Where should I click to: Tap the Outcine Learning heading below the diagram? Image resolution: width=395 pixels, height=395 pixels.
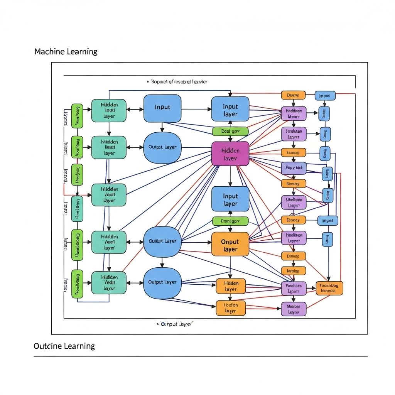pos(64,346)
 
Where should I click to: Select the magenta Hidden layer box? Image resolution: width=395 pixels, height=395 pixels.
pos(230,154)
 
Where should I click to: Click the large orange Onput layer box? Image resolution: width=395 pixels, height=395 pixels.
pos(230,245)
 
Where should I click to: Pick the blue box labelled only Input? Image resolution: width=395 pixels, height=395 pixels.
pos(162,108)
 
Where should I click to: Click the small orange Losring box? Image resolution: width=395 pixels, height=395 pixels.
pos(293,95)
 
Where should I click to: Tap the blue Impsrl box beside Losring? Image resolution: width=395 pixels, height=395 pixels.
pos(325,95)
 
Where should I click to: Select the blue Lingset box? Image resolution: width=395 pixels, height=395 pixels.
pos(327,221)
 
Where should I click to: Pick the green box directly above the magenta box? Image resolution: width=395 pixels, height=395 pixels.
pos(230,131)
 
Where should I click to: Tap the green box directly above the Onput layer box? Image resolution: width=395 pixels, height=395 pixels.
pos(230,221)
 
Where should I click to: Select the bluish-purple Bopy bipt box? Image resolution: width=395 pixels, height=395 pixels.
pos(294,168)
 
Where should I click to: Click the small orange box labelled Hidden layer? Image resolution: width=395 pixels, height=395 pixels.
pos(231,286)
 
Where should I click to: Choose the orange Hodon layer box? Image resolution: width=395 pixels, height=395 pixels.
pos(231,307)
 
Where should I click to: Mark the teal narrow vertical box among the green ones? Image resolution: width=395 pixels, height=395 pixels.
pos(77,209)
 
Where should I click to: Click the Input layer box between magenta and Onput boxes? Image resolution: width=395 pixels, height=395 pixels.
pos(230,200)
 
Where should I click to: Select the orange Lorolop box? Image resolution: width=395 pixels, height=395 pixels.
pos(294,271)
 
